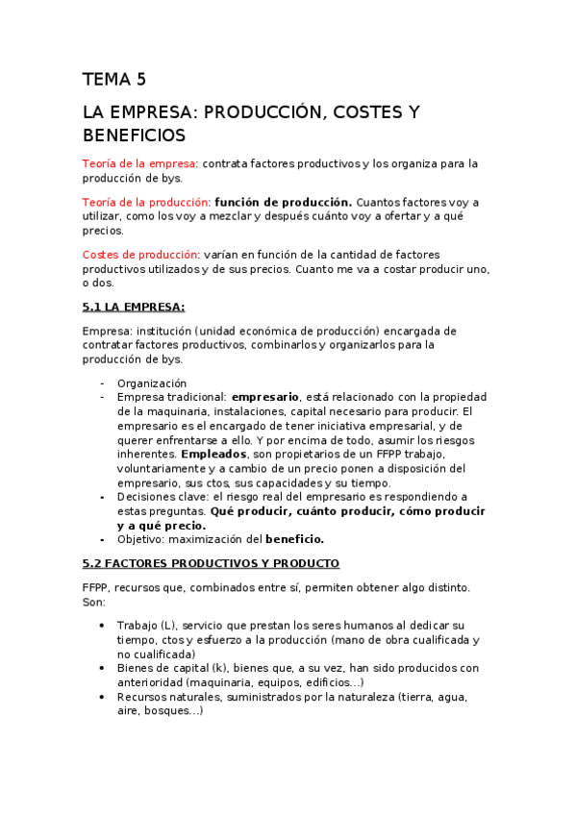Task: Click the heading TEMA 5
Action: pyautogui.click(x=113, y=80)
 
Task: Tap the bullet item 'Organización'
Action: pyautogui.click(x=151, y=383)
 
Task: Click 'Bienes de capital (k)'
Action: pyautogui.click(x=175, y=668)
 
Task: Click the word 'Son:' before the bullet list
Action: pyautogui.click(x=94, y=602)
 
